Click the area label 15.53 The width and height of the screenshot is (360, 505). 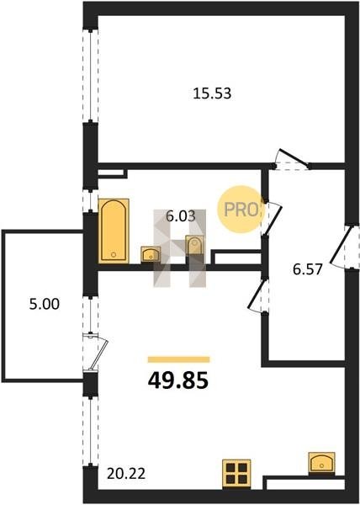tap(212, 93)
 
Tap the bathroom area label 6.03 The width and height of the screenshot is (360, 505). tap(181, 216)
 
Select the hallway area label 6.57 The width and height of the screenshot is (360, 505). tap(308, 269)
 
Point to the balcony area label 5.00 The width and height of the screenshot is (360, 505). tap(45, 304)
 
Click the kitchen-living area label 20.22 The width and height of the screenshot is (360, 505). tap(126, 473)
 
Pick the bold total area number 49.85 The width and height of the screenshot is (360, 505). tap(178, 380)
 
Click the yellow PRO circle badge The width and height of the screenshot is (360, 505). tap(241, 210)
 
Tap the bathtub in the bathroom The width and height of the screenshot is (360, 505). tap(114, 231)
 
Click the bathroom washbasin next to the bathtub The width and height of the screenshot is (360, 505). tap(151, 254)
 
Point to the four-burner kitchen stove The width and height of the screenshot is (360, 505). tap(236, 475)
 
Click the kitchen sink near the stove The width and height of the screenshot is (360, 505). tap(321, 463)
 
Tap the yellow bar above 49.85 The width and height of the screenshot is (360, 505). tap(179, 359)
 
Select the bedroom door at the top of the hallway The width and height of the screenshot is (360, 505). tap(292, 160)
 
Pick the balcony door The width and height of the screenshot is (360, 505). tap(95, 353)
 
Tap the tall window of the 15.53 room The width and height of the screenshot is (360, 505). tap(90, 76)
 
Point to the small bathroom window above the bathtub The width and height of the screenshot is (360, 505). tap(90, 201)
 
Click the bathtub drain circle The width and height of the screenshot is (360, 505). tap(114, 254)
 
